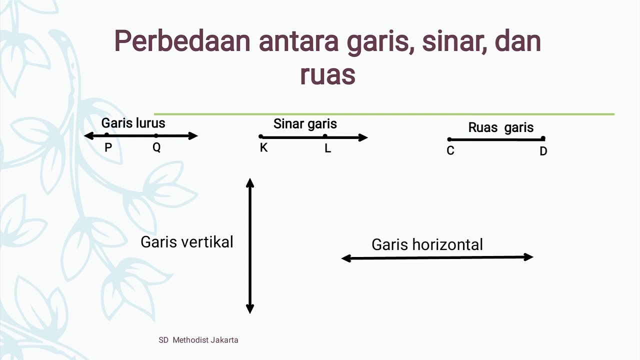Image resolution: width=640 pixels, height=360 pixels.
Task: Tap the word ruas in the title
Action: click(327, 74)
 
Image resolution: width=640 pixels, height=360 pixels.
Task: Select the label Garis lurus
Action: click(133, 123)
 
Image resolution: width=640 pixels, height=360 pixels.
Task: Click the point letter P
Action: click(108, 147)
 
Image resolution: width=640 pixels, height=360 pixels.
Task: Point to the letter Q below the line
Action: click(156, 147)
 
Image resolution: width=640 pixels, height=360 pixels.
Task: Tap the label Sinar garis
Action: click(305, 124)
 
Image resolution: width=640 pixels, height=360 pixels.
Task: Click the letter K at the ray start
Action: click(263, 148)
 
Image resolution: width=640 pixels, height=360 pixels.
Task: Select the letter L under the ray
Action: click(327, 148)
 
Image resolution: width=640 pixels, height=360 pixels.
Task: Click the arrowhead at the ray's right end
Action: click(363, 137)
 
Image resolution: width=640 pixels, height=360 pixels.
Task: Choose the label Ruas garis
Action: click(500, 127)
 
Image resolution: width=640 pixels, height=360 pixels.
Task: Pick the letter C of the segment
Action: click(450, 151)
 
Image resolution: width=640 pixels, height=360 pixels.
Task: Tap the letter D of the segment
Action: click(543, 151)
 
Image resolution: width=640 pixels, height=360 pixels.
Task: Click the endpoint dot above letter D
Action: click(543, 138)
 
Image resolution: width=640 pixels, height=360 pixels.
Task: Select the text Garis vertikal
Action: click(187, 242)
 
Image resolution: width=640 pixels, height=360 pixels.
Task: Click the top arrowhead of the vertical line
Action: click(250, 182)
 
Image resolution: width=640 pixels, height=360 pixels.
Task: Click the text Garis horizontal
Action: click(427, 244)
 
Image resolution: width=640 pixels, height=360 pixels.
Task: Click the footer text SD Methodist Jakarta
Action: click(198, 340)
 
